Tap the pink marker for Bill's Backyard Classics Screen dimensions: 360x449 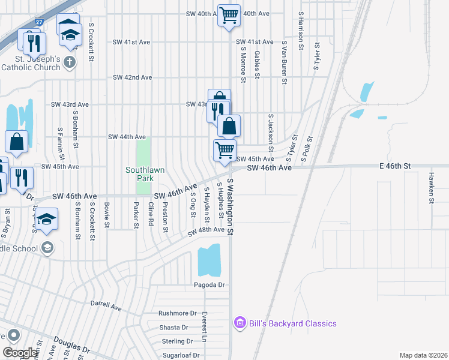click(x=240, y=323)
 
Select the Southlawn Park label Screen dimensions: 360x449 click(x=145, y=174)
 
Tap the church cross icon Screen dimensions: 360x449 click(x=70, y=62)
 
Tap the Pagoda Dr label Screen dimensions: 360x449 click(x=209, y=284)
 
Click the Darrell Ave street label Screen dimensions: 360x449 click(x=106, y=305)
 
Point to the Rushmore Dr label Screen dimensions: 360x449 click(x=178, y=313)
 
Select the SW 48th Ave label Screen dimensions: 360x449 click(x=206, y=230)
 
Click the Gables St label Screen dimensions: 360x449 click(x=256, y=64)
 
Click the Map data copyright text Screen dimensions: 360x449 click(x=423, y=355)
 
